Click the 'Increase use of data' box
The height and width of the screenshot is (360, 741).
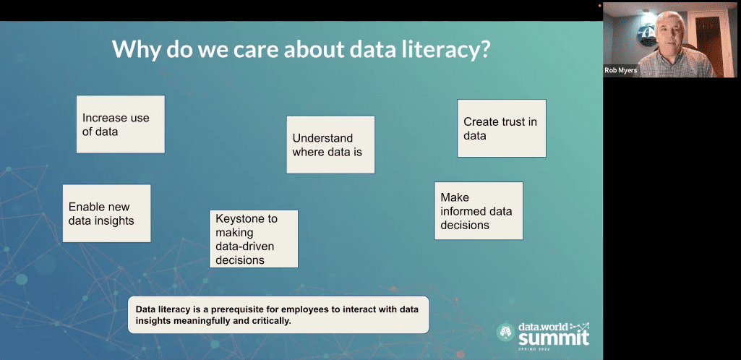[121, 124]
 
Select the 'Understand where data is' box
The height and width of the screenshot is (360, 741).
[331, 145]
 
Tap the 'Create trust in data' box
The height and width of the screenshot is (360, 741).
[502, 128]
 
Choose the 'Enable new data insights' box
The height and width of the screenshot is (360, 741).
[107, 213]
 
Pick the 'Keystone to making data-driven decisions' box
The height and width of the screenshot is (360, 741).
[254, 239]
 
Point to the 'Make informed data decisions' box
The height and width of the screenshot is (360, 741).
[479, 210]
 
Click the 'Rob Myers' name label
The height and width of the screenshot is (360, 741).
[620, 70]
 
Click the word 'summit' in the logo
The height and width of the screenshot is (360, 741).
[553, 338]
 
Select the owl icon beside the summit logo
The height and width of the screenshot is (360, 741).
[505, 332]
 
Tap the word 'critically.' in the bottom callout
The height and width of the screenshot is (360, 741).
[270, 321]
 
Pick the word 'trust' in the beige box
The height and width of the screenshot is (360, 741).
[513, 121]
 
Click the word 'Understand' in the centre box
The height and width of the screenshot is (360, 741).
[322, 138]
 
